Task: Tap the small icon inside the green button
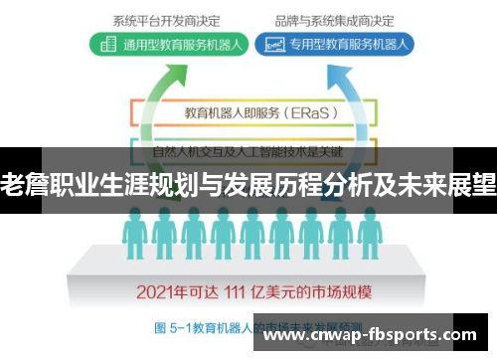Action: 106,44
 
